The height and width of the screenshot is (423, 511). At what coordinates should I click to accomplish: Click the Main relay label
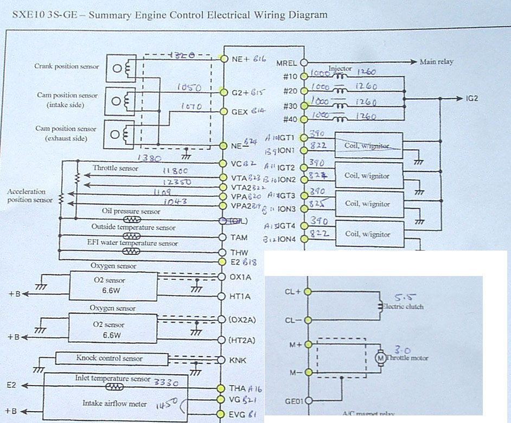436,62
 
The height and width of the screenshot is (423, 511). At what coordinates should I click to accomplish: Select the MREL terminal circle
304,62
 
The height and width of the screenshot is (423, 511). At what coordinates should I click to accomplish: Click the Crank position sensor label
67,66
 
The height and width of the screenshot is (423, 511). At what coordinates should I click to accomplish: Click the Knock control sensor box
110,358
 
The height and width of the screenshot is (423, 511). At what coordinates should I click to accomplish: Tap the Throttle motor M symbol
380,358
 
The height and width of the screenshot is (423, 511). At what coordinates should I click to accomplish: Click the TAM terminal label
239,238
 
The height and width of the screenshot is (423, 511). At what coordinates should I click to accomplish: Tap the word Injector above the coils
340,69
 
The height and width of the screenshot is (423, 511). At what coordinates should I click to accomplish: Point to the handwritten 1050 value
189,88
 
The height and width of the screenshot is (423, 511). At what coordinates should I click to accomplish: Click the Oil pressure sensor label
131,211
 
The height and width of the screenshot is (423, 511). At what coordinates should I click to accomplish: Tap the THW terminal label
239,252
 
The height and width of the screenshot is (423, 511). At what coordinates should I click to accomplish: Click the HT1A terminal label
240,296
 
